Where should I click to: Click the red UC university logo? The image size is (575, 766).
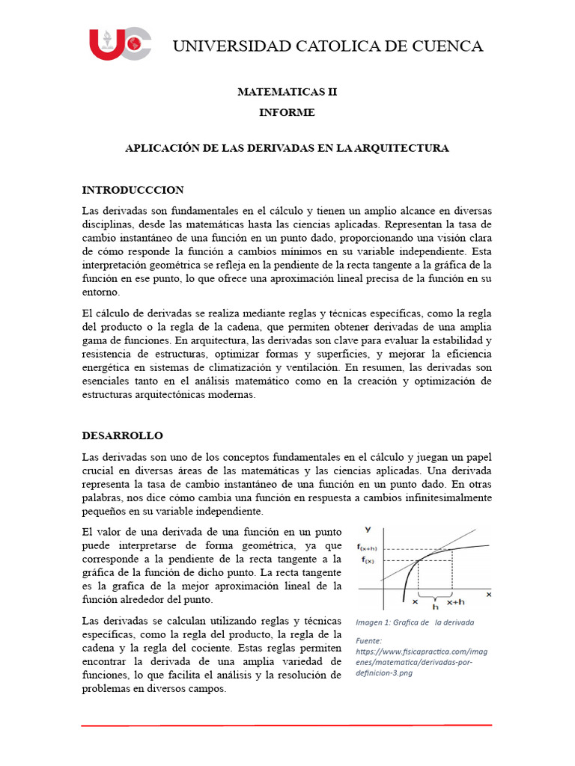(120, 44)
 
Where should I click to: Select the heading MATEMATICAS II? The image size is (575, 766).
(287, 92)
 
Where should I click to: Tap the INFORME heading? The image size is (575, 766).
(287, 113)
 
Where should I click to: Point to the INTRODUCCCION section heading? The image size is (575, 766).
(133, 190)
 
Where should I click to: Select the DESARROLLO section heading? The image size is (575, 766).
(122, 435)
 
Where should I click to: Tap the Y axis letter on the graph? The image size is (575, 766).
(367, 530)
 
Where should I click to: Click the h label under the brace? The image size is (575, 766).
(435, 607)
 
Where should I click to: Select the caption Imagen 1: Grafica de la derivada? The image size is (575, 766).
(415, 622)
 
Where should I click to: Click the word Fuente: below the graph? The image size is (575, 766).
(369, 640)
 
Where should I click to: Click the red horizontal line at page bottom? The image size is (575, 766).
(287, 725)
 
